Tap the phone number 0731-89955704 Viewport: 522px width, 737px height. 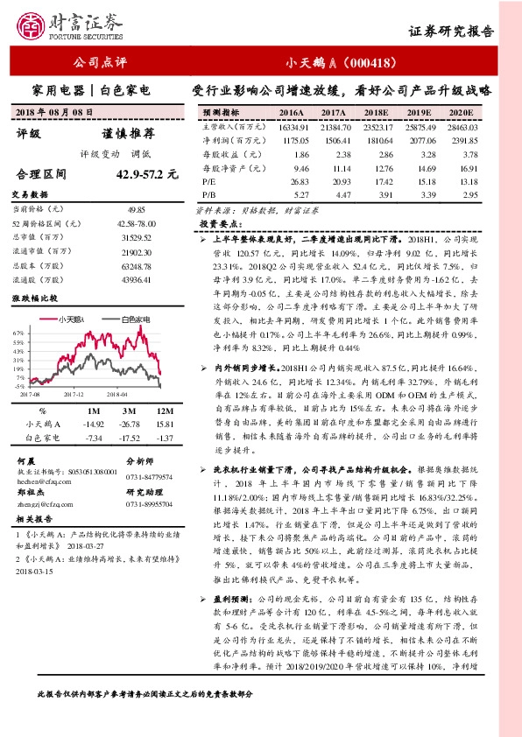click(152, 504)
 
